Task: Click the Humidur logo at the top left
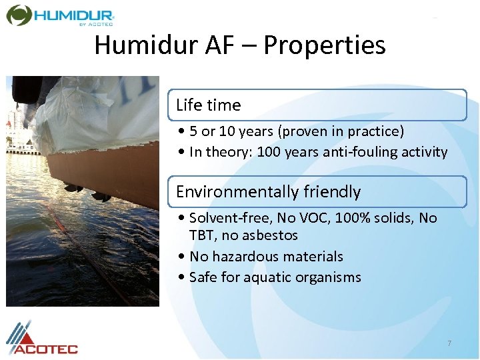(x=60, y=15)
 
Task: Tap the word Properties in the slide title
(x=325, y=45)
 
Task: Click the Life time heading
(x=208, y=105)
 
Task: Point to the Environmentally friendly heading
(x=268, y=192)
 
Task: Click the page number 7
(x=449, y=343)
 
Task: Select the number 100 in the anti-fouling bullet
(x=269, y=152)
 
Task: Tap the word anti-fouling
(x=363, y=152)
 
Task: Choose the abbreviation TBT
(x=201, y=235)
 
